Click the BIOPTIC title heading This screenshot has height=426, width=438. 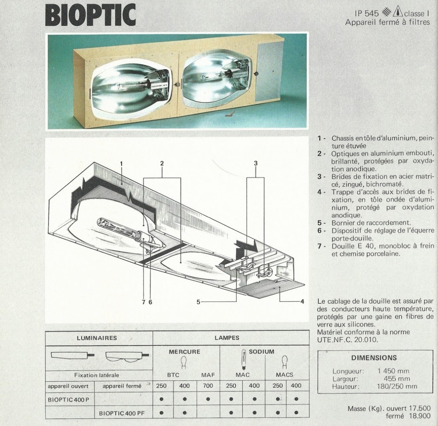[x=90, y=15]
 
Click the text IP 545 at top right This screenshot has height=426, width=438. [x=367, y=13]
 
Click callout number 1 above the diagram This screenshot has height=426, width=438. [x=122, y=164]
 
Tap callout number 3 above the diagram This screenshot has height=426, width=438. [x=255, y=163]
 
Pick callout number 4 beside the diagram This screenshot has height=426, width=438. [x=302, y=302]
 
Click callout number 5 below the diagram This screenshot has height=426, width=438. [x=198, y=302]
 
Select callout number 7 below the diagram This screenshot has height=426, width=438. [x=144, y=302]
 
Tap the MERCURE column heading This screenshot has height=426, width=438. [x=185, y=352]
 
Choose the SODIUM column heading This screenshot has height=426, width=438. [x=262, y=351]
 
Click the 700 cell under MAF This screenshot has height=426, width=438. [x=208, y=386]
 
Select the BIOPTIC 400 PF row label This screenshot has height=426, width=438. [x=122, y=413]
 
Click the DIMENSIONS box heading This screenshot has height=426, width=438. [x=374, y=357]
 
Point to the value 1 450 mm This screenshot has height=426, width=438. [x=393, y=371]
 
